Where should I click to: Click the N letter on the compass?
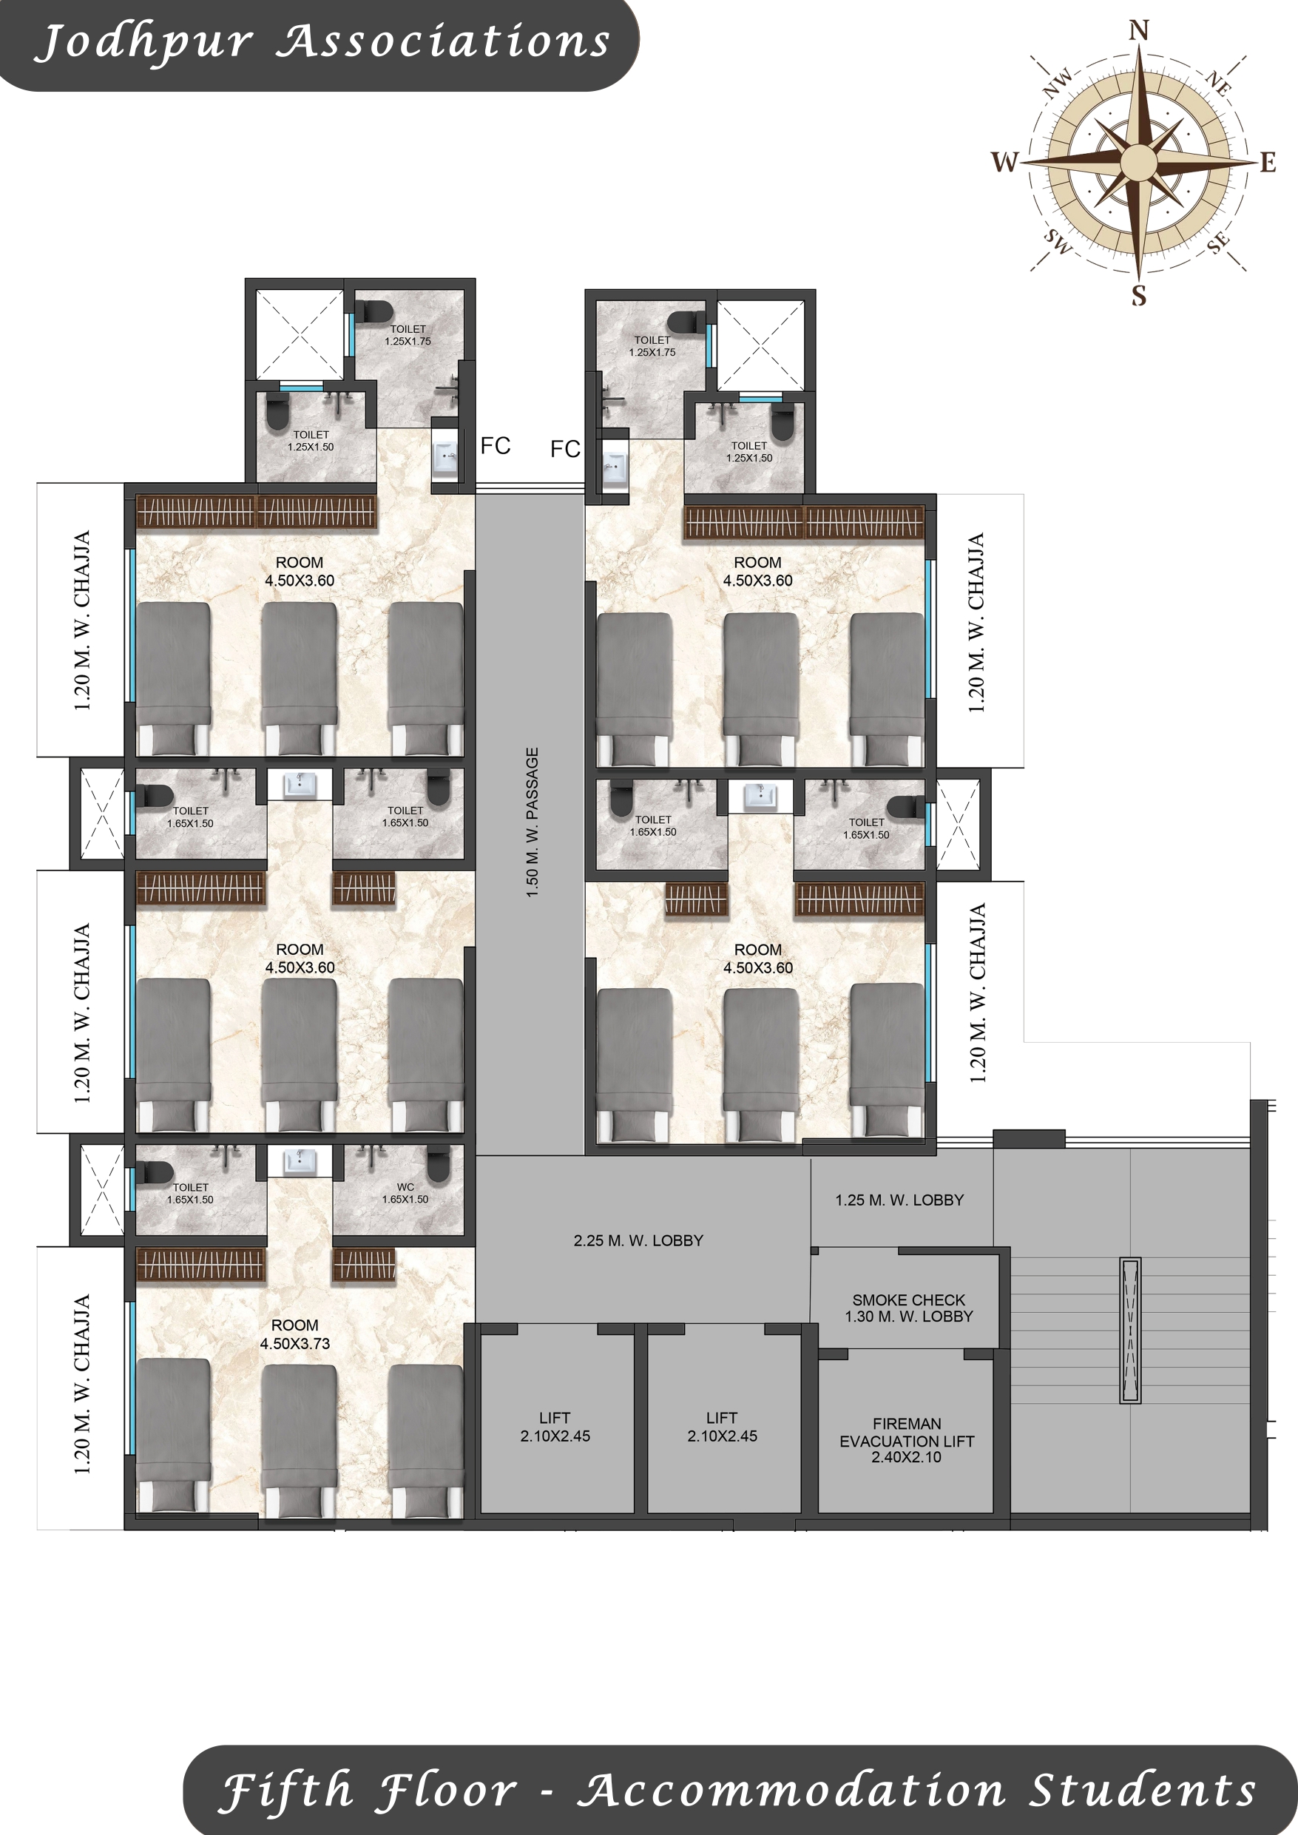point(1139,30)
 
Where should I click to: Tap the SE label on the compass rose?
point(1218,243)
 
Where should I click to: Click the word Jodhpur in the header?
point(145,43)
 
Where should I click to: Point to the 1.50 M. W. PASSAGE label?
point(533,822)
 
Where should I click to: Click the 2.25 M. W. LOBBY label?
point(638,1240)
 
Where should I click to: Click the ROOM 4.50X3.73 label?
point(294,1335)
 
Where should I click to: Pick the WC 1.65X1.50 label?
point(405,1193)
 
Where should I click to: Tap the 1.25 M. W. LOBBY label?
point(899,1200)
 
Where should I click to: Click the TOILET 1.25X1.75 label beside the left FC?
point(408,335)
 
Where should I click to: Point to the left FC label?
point(496,446)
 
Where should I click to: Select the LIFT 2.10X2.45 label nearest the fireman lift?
point(722,1427)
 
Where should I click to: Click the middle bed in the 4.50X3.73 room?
point(300,1439)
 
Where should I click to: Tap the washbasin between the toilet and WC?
point(299,1160)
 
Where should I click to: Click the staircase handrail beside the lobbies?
point(1129,1331)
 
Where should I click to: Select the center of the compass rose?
point(1138,161)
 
